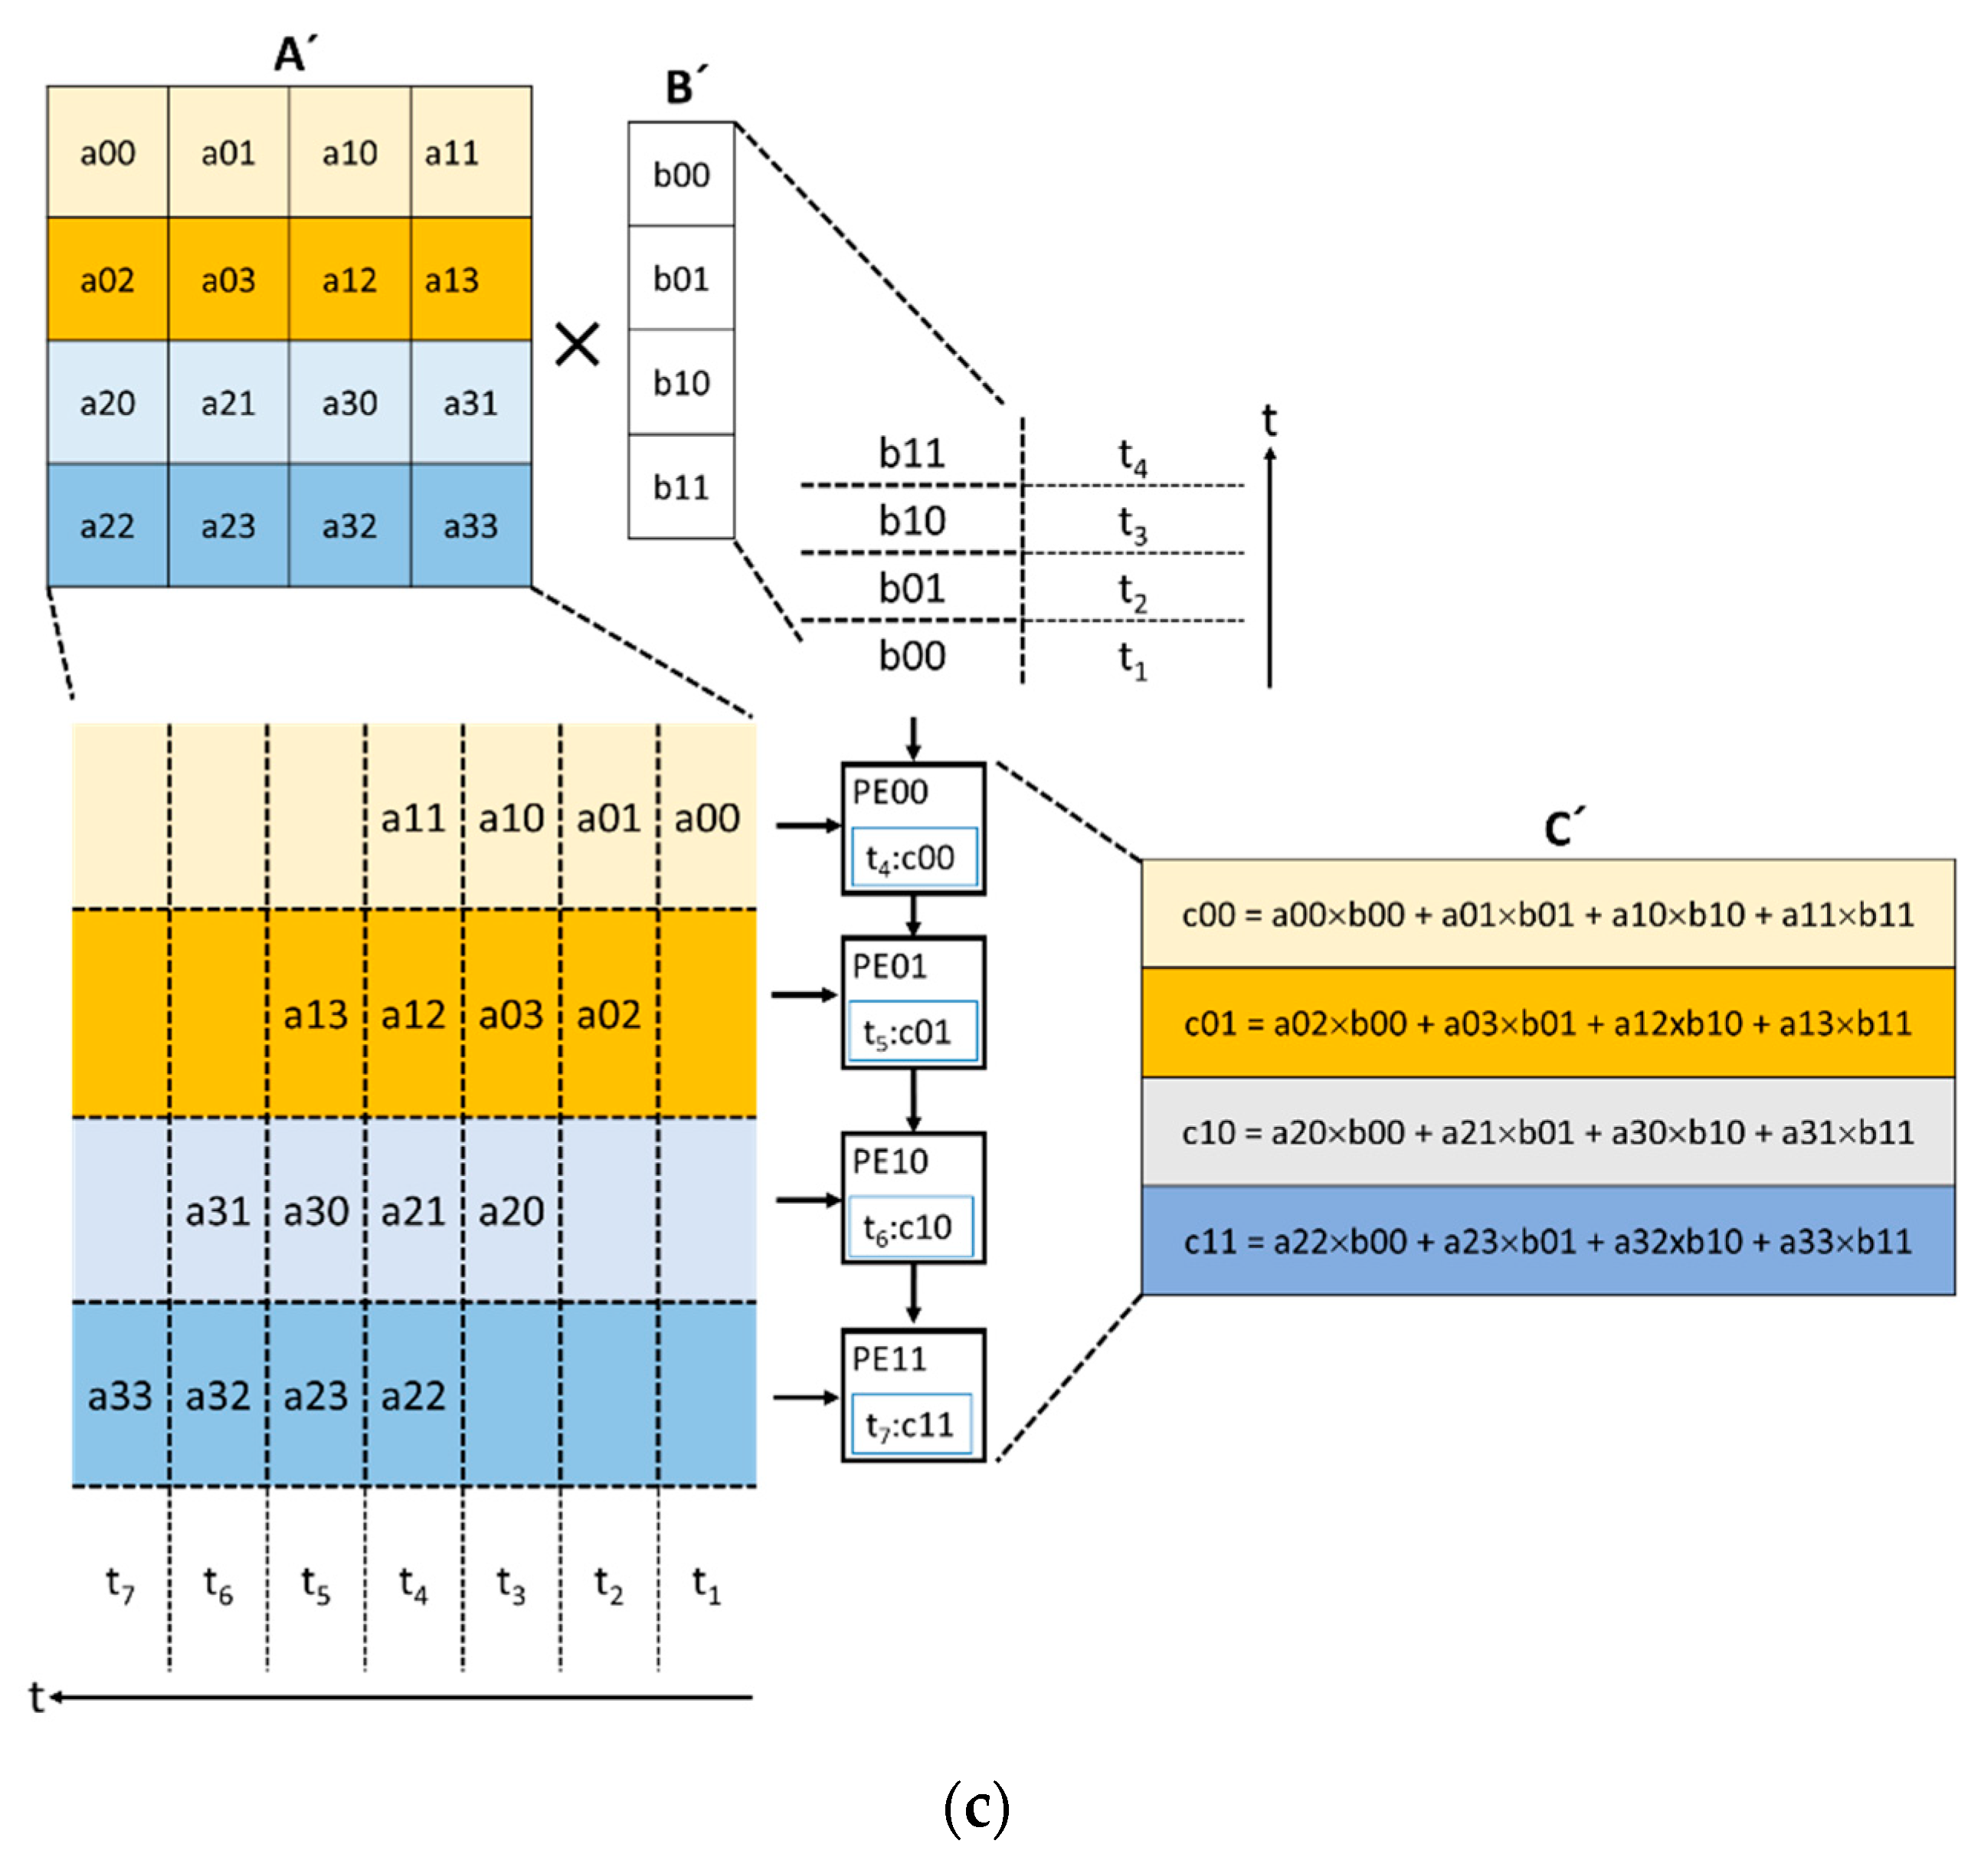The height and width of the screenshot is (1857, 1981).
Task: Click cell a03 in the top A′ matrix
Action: click(228, 280)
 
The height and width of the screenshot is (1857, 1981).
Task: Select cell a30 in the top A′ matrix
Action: click(349, 403)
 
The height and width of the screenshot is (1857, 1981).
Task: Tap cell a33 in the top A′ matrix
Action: click(470, 526)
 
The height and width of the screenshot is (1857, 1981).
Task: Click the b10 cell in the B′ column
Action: click(682, 383)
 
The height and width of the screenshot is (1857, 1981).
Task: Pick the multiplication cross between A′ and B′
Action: click(577, 345)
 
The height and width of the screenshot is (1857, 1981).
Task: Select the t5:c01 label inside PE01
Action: click(913, 1032)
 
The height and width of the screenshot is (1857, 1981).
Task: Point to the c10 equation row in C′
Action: click(1547, 1132)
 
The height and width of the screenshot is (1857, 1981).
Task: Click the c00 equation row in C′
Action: click(1547, 914)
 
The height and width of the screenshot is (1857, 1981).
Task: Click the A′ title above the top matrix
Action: click(295, 53)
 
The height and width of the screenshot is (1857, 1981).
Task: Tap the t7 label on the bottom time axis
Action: click(120, 1583)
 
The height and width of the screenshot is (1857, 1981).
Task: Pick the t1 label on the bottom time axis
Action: click(706, 1583)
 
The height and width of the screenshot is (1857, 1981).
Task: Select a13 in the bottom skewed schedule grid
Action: click(316, 1015)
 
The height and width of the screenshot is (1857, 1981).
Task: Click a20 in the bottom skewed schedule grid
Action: click(511, 1211)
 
